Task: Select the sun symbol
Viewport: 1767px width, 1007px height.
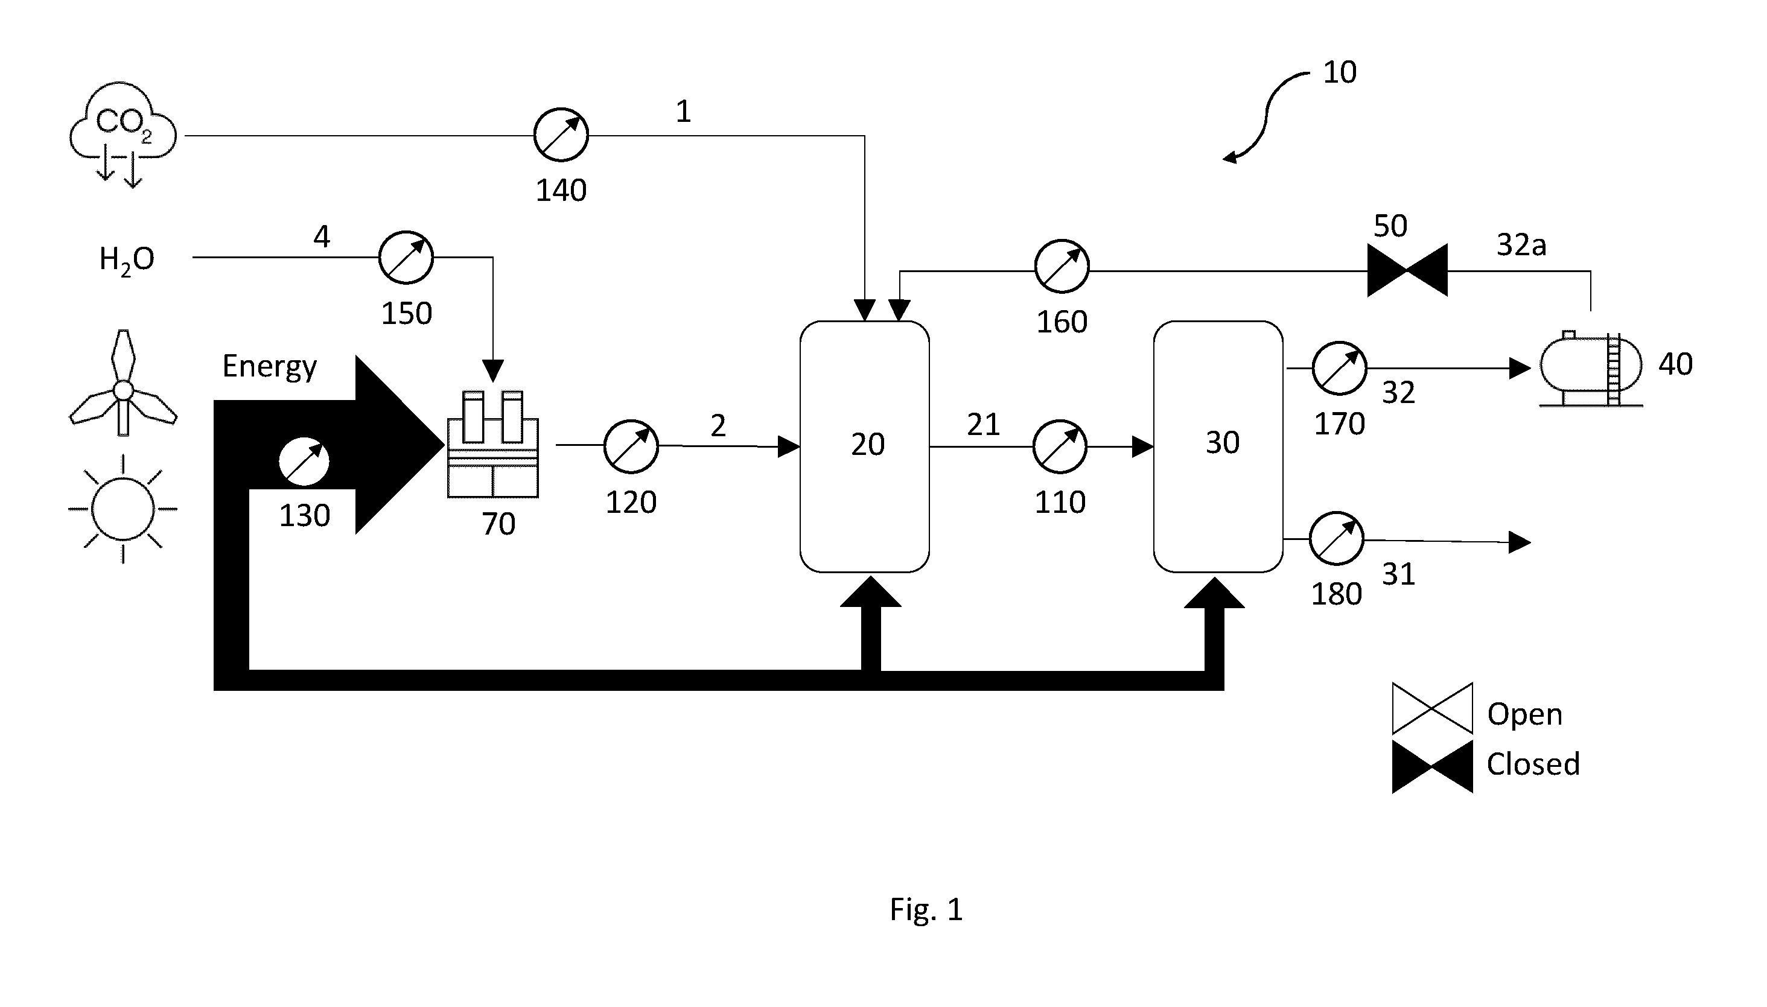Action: coord(123,509)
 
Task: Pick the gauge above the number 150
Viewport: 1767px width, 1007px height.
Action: coord(406,257)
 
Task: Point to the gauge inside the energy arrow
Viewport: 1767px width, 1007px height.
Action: coord(304,462)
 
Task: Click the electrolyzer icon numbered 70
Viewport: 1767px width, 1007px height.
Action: coord(493,444)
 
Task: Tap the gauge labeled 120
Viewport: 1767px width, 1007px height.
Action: coord(631,446)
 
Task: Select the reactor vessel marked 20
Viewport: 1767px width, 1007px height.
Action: coord(864,447)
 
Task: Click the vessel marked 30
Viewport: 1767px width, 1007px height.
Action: coord(1218,447)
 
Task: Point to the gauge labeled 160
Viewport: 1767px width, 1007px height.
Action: coord(1062,267)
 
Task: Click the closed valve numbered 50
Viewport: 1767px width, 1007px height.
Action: coord(1407,270)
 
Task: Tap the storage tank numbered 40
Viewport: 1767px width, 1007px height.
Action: coord(1591,369)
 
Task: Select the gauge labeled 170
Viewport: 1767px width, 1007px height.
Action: coord(1340,368)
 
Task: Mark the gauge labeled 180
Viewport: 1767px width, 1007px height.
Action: coord(1337,539)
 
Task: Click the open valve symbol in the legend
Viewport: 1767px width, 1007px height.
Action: coord(1432,708)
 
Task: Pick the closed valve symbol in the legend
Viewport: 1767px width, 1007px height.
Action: coord(1432,767)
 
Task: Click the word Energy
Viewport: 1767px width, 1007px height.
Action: coord(270,367)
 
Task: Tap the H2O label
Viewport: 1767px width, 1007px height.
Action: coord(127,260)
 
